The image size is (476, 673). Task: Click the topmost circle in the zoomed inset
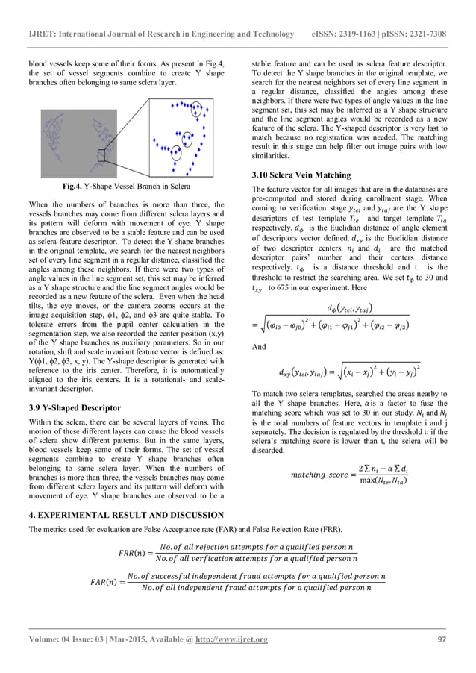point(195,109)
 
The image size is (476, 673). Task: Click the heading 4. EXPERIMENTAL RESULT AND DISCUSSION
point(126,515)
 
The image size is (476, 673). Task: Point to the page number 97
point(442,639)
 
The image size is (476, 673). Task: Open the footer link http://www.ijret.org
point(231,639)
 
